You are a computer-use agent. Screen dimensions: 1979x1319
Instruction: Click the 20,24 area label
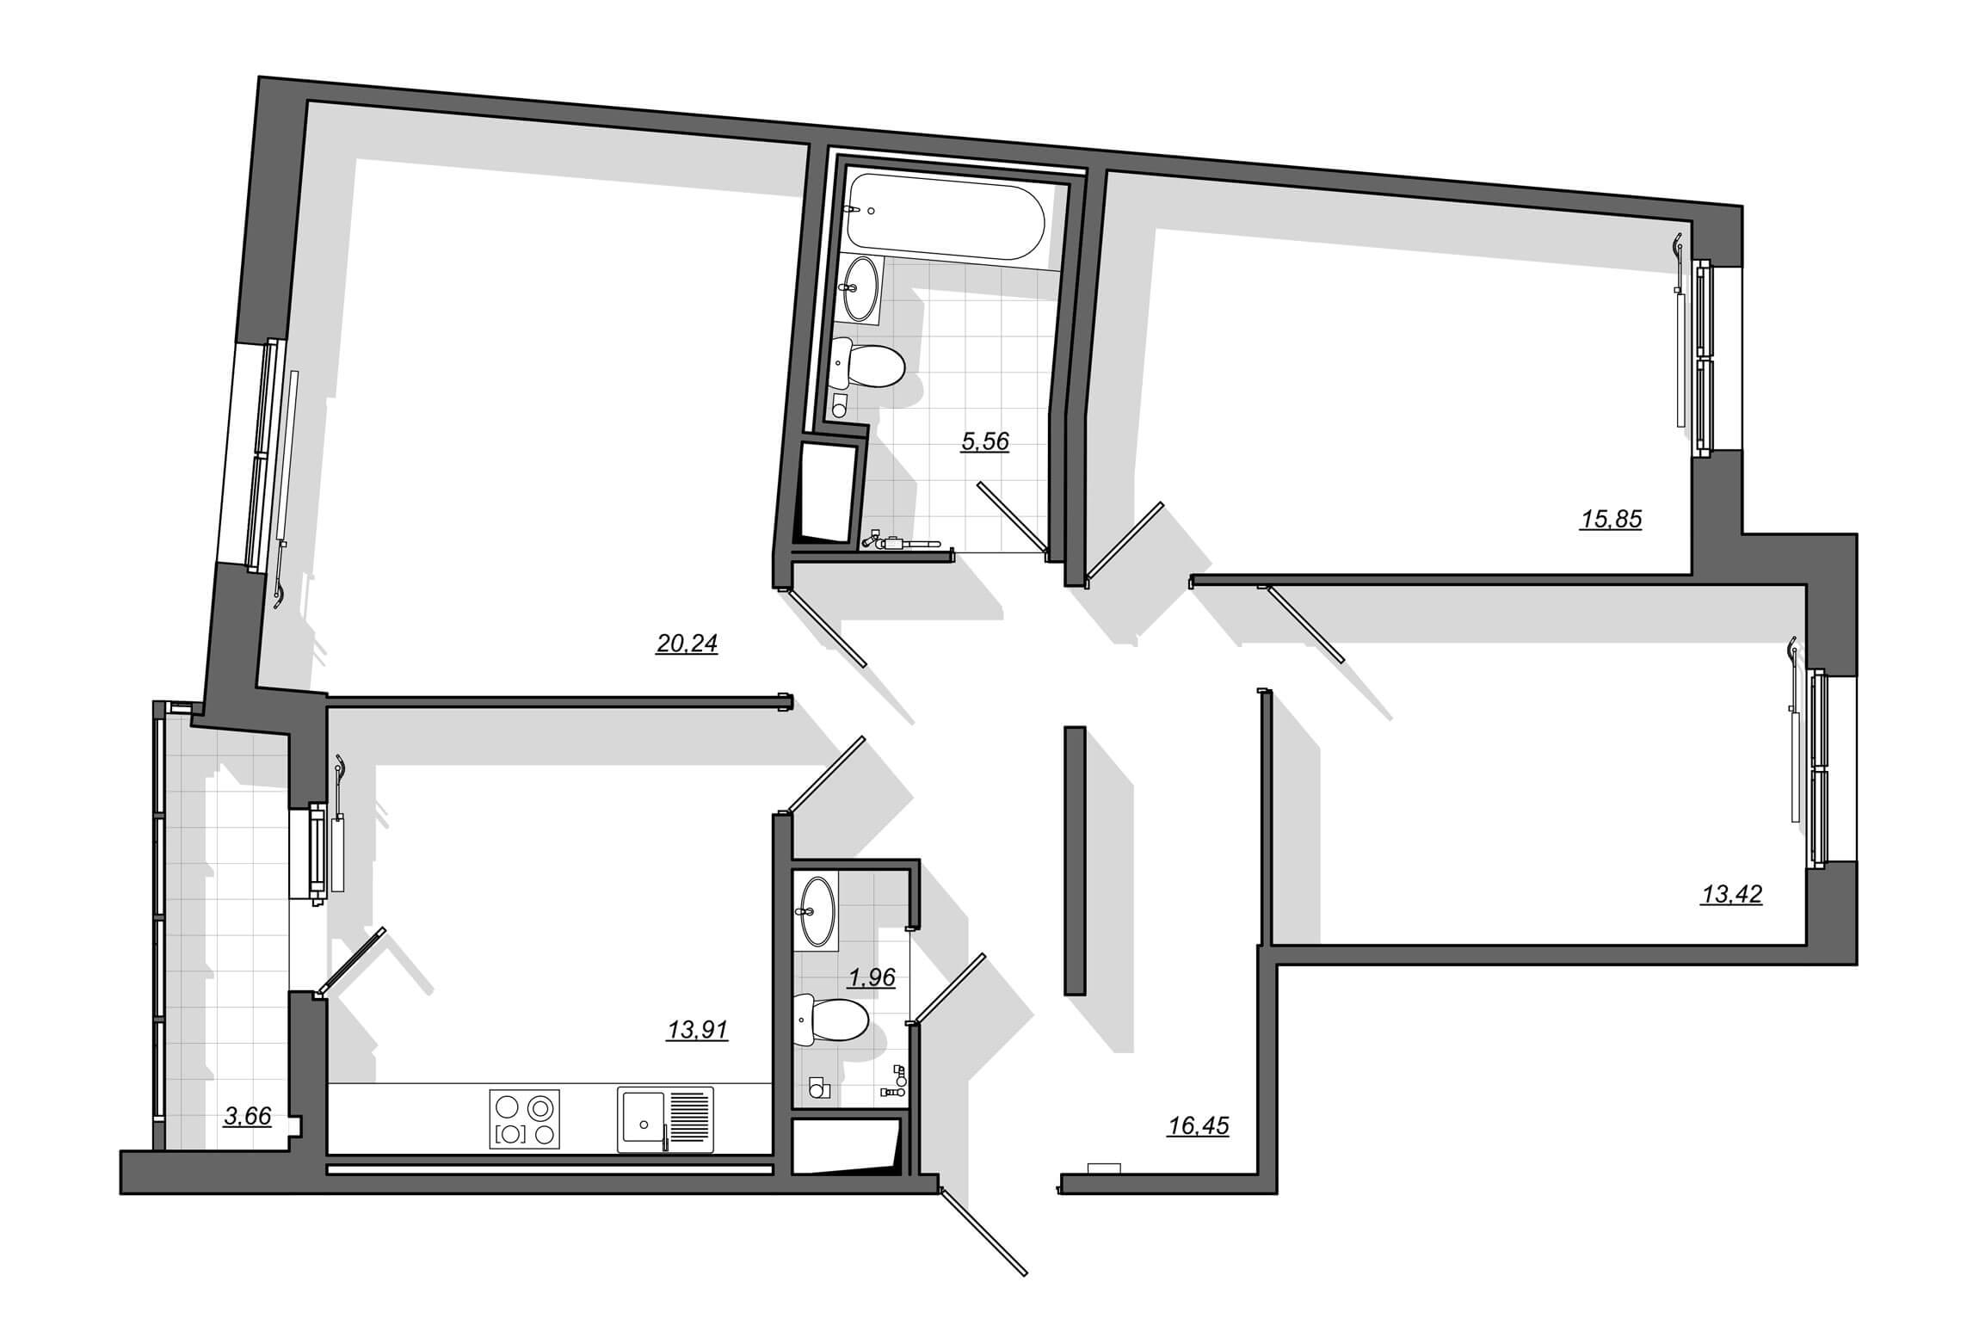(x=687, y=644)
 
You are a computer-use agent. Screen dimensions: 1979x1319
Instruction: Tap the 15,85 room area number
(x=1611, y=520)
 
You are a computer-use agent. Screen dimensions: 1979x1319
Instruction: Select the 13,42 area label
(x=1731, y=895)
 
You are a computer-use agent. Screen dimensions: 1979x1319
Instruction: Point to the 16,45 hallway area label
(x=1198, y=1125)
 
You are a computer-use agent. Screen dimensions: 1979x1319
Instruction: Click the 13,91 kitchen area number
(x=697, y=1030)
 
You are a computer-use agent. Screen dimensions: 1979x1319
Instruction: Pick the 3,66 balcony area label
(x=247, y=1117)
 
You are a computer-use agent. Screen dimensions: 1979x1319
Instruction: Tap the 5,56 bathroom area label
(x=984, y=442)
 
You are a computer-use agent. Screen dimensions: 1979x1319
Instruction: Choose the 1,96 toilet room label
(x=872, y=977)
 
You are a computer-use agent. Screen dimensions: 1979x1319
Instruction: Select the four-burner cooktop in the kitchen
(x=524, y=1119)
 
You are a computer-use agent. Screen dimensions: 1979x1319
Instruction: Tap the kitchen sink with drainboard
(x=665, y=1119)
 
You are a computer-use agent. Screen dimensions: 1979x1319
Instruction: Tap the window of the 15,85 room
(x=1704, y=359)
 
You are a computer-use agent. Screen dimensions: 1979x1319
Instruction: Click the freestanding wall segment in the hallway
(x=1075, y=860)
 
